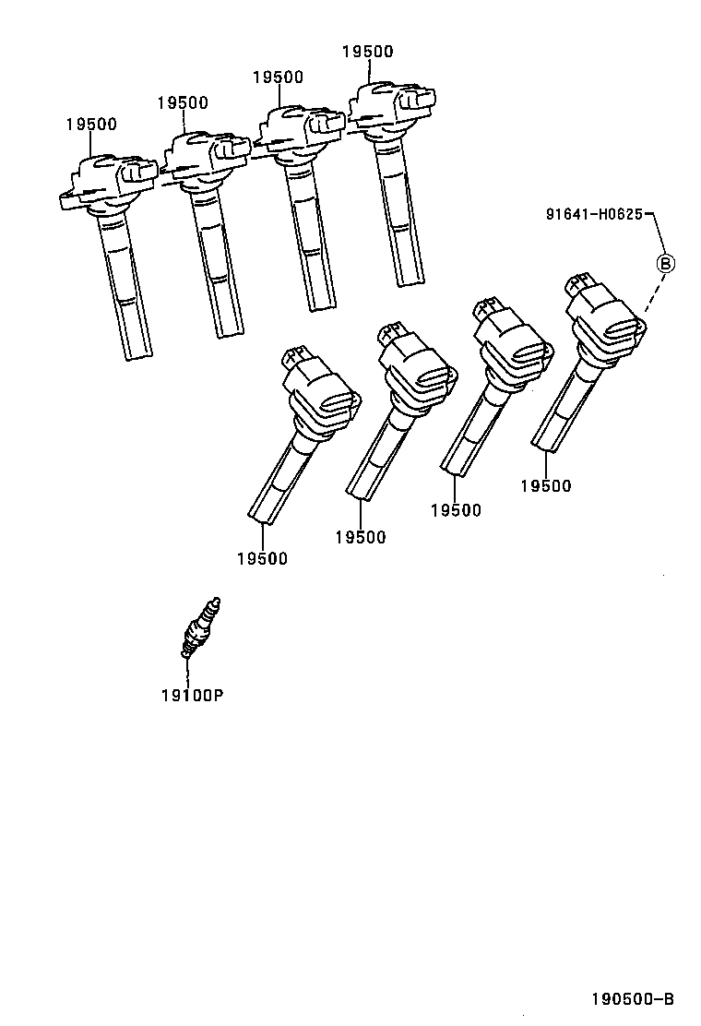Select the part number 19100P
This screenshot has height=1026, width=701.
pos(192,695)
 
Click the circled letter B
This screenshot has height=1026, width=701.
pos(664,263)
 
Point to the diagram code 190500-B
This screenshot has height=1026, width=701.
pos(633,998)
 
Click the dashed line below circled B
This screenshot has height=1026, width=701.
pos(653,295)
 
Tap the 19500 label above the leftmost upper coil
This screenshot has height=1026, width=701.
pos(91,125)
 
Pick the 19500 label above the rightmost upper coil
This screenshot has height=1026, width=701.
pos(367,52)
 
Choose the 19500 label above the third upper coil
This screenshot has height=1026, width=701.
pos(278,78)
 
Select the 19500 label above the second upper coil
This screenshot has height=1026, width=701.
pos(182,103)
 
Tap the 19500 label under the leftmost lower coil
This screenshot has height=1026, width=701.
pos(262,558)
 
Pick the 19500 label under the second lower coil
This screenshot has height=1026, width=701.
pos(361,537)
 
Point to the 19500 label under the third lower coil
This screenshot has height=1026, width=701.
pos(456,510)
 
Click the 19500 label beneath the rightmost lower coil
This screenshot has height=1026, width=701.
pos(545,486)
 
